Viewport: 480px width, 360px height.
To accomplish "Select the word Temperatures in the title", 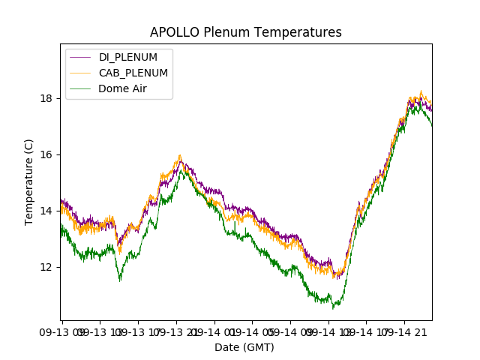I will coord(295,32).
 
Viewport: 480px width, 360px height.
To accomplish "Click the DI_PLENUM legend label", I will coord(128,58).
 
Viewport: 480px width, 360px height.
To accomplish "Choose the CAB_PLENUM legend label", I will coord(133,73).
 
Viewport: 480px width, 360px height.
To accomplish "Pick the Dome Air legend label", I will coord(122,88).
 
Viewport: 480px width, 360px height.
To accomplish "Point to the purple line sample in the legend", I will coord(80,58).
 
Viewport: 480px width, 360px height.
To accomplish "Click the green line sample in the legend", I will coord(80,88).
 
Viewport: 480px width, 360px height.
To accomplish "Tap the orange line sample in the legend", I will coord(80,73).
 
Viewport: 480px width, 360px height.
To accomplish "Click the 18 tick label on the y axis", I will coord(46,98).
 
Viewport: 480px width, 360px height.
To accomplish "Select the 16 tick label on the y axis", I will coord(46,154).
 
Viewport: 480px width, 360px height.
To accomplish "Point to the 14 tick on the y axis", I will coord(46,211).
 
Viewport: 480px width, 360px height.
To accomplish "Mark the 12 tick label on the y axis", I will coord(46,267).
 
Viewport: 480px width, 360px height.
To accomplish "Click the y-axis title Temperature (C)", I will coord(29,181).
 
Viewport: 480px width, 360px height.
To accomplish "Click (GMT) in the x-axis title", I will coord(259,347).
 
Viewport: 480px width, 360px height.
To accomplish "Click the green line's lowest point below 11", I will coord(334,308).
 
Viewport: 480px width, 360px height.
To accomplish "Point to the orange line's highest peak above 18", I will coord(421,91).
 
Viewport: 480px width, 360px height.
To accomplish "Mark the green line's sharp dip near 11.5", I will coord(120,280).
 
